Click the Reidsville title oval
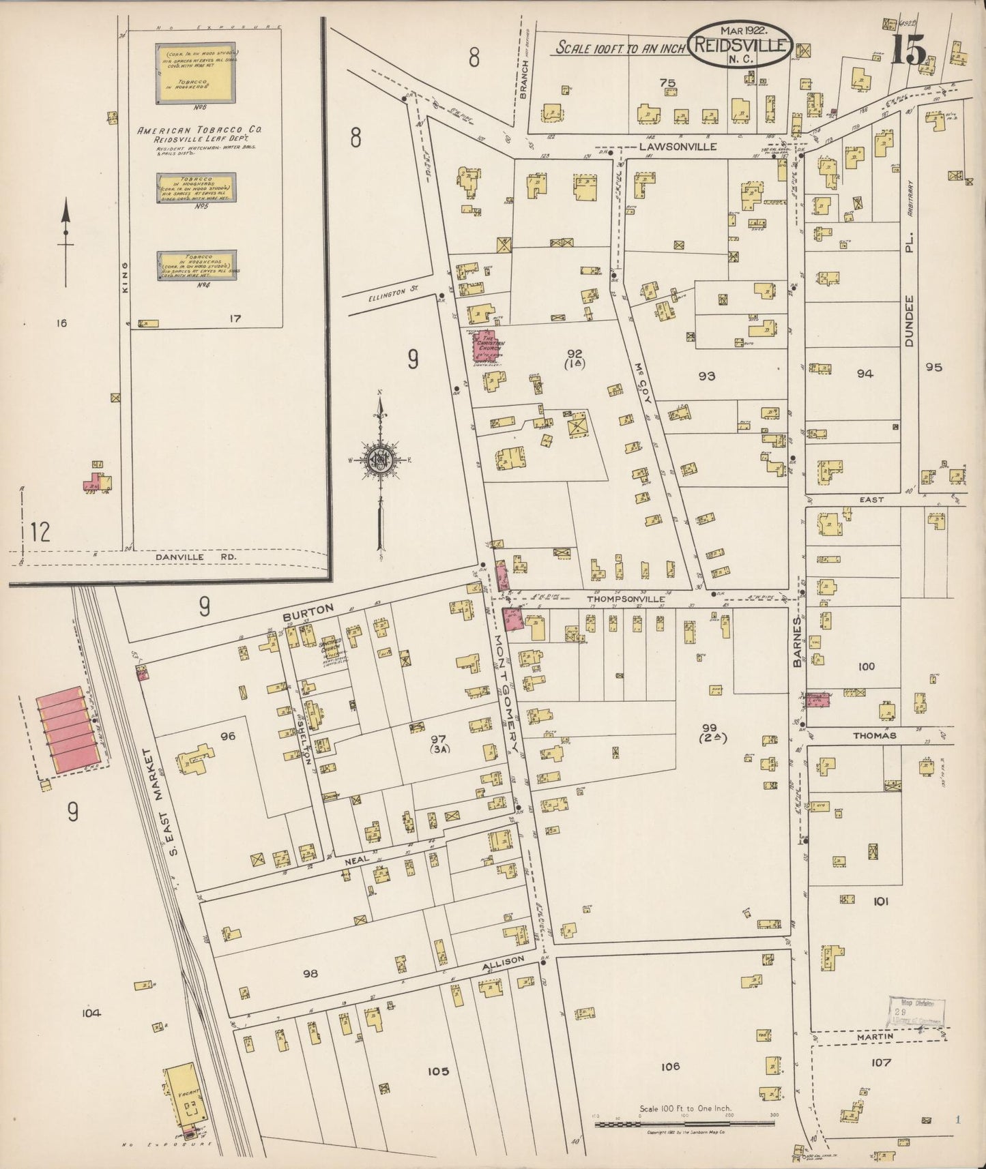(x=740, y=44)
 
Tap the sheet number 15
(x=908, y=50)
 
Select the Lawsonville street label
(x=678, y=146)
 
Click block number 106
(x=670, y=1066)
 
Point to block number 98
(x=310, y=973)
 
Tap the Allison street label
(x=503, y=962)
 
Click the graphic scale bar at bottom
(x=686, y=1123)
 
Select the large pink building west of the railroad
(x=69, y=730)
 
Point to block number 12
(x=40, y=531)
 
